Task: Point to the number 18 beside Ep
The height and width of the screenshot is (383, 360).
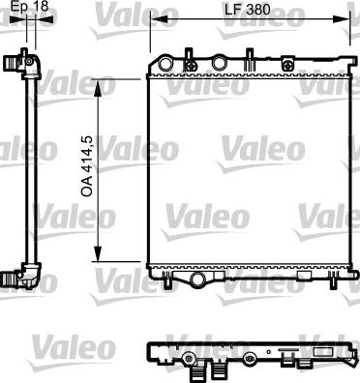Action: (x=41, y=8)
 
